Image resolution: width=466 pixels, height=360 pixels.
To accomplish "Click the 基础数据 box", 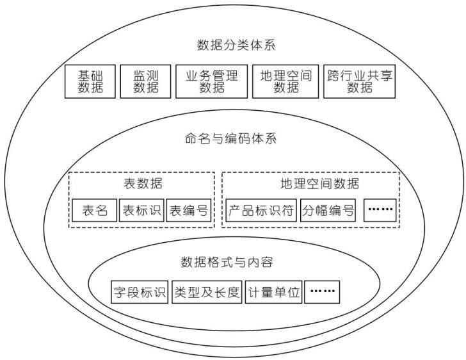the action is point(90,81).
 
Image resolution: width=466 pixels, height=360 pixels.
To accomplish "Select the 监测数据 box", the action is point(146,81).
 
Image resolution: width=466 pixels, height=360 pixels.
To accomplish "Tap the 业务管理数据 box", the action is point(212,81).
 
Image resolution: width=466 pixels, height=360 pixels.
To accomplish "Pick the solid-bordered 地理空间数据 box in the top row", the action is point(285,81).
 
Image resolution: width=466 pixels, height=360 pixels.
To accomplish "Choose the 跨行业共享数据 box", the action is point(359,81).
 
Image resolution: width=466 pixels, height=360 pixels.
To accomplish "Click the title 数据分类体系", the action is point(236,45).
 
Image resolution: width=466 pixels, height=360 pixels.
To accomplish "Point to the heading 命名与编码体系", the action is point(230,138).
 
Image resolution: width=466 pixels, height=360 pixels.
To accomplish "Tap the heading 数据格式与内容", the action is point(227,262).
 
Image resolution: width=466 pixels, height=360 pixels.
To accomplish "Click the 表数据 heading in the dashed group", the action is point(143,183).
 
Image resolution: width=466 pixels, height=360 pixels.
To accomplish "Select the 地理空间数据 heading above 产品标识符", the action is point(320,184).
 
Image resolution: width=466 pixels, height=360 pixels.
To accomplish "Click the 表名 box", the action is point(95,210).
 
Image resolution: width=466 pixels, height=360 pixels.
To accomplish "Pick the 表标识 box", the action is point(141,210).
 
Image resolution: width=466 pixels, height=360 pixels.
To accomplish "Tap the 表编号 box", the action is point(188,210).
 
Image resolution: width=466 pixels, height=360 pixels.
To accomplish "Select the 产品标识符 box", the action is point(261,210).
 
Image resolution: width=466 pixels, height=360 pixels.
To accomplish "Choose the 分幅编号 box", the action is point(328,210).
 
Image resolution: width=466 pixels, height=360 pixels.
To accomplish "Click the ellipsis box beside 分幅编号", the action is point(380,210).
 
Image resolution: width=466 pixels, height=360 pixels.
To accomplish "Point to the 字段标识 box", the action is point(140,292).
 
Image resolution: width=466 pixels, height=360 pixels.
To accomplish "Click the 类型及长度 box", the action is point(207,292).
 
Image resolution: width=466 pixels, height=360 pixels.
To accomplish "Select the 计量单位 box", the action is point(274,292).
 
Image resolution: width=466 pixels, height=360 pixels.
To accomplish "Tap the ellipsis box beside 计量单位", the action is point(323,292).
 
